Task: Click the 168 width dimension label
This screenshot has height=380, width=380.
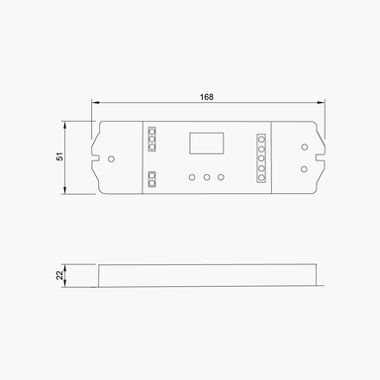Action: [207, 96]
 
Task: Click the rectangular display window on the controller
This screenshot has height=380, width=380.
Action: [206, 142]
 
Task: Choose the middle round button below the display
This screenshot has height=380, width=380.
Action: [206, 177]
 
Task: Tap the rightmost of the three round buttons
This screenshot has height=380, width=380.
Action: [222, 177]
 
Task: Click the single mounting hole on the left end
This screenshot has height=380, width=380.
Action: [111, 157]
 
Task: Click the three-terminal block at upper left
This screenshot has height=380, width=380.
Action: [151, 138]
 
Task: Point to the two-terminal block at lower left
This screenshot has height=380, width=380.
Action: [151, 179]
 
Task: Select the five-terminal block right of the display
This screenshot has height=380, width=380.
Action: [261, 157]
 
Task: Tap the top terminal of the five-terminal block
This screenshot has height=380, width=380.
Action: [261, 138]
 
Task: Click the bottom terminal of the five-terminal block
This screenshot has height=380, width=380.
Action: [261, 178]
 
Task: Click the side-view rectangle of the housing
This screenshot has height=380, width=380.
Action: [208, 276]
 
